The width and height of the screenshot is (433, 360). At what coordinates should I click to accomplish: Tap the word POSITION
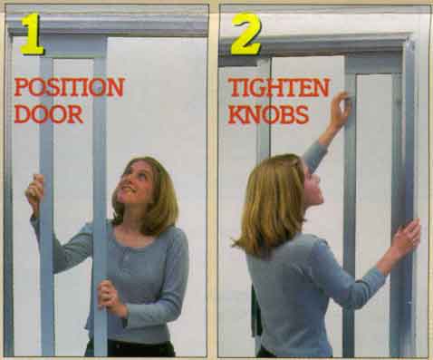click(69, 89)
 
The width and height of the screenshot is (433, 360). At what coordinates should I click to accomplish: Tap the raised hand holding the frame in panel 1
click(34, 190)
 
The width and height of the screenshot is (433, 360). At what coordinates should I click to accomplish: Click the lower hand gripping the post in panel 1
click(108, 296)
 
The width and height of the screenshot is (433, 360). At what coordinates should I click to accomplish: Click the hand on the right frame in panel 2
click(405, 238)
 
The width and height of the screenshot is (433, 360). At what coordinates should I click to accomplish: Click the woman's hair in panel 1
click(159, 195)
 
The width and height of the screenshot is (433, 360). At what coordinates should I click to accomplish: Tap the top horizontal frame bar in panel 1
click(109, 24)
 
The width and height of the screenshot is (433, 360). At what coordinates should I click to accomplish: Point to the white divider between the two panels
click(214, 181)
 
